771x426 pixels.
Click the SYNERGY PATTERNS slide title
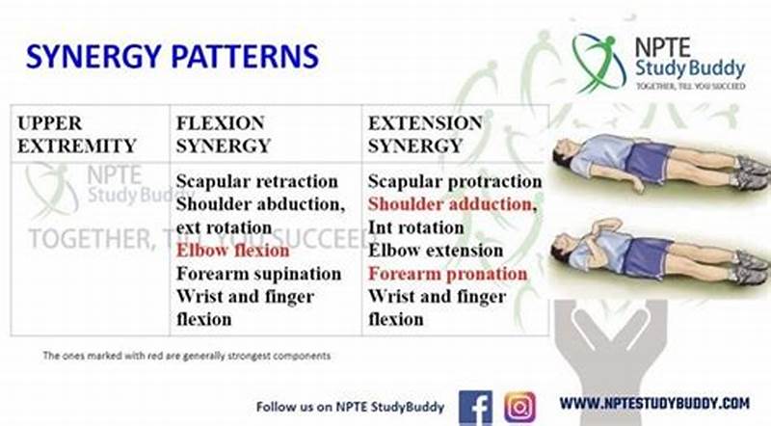click(172, 55)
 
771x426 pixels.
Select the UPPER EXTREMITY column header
click(76, 135)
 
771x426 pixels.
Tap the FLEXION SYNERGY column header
click(223, 135)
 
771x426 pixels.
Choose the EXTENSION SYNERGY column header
click(425, 135)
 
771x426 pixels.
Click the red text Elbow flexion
click(232, 251)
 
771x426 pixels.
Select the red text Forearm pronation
click(447, 274)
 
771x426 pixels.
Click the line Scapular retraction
click(256, 181)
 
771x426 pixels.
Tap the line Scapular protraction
click(455, 181)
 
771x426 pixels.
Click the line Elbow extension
click(435, 251)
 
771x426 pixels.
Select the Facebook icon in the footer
click(475, 406)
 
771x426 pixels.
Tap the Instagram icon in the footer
click(520, 406)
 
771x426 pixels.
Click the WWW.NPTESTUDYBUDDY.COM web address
click(654, 403)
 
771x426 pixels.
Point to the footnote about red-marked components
click(186, 356)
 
